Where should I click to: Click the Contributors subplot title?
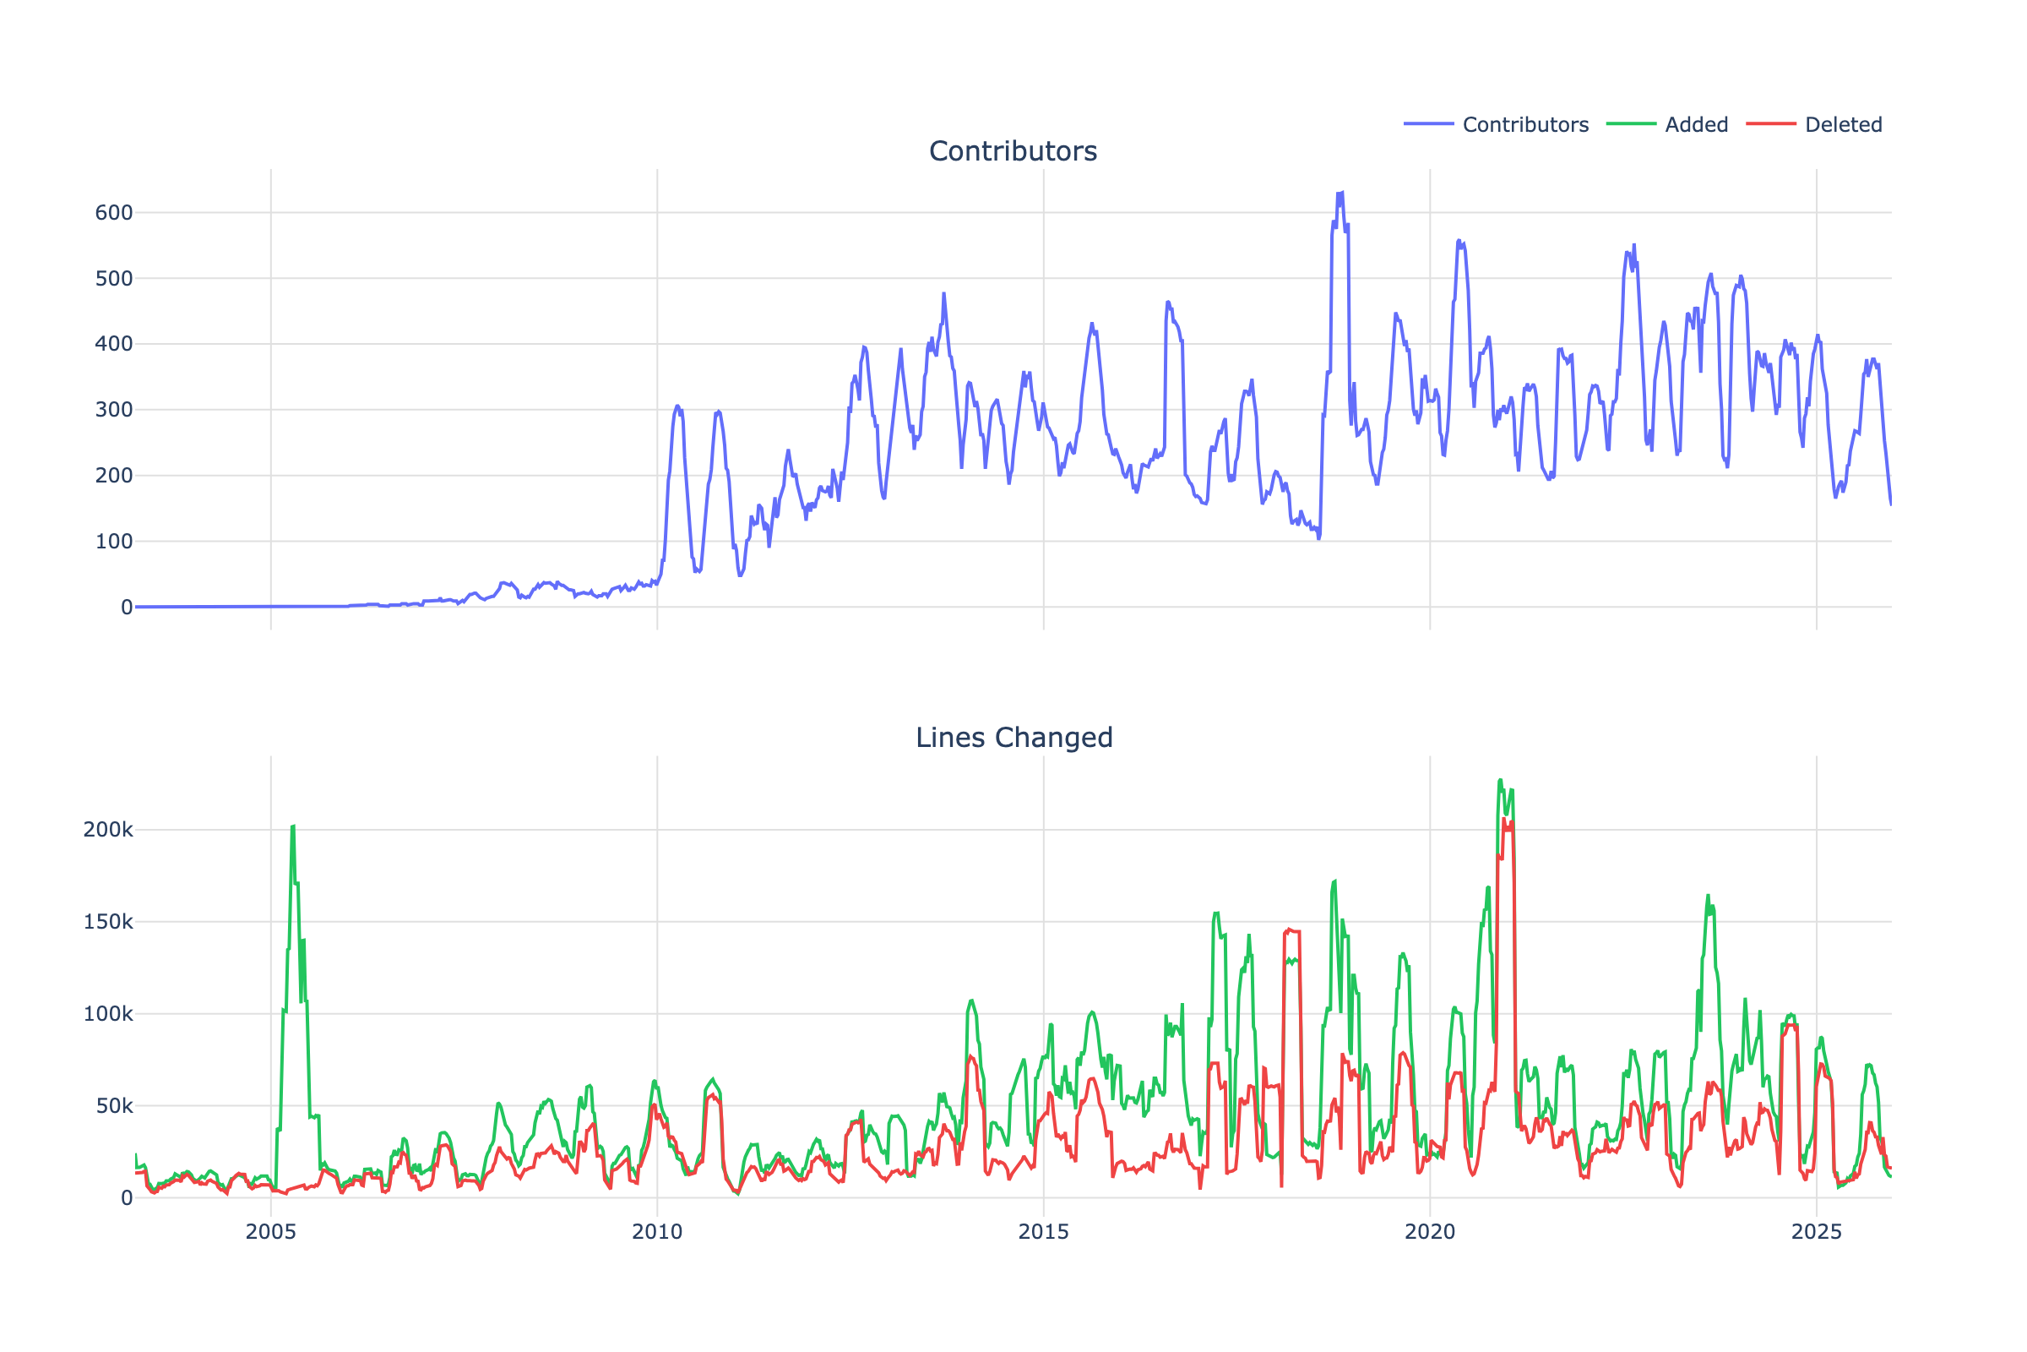[1013, 152]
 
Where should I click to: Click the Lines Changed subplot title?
[1013, 738]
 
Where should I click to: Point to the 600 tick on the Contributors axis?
[114, 213]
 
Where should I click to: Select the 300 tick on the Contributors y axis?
[114, 411]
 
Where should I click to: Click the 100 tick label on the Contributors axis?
[114, 542]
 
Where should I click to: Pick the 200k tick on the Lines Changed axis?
[108, 831]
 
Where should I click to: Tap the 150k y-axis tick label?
[108, 923]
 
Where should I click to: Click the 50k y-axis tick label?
[114, 1106]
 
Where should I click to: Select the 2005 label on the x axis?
[270, 1232]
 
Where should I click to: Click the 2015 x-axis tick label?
[1043, 1232]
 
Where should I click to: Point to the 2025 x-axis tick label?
[1816, 1232]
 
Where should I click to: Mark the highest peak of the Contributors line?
[1341, 194]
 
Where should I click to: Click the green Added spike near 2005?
[293, 827]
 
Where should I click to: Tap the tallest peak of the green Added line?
[1500, 780]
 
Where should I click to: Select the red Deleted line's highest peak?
[1504, 820]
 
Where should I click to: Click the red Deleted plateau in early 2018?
[1292, 931]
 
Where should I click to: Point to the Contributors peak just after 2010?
[677, 406]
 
